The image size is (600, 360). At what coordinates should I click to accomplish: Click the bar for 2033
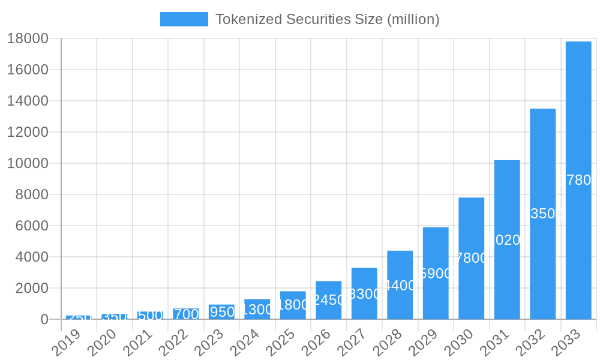[578, 180]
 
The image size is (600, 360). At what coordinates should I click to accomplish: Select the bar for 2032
[542, 214]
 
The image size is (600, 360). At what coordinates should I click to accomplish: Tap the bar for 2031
[507, 239]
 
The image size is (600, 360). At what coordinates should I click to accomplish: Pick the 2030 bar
[471, 258]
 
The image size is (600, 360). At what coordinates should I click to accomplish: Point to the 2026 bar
[328, 299]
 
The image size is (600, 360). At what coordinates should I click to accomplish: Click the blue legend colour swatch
[184, 19]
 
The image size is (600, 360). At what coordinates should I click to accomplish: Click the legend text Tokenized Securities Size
[327, 19]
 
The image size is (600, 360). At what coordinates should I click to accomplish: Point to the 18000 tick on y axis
[28, 38]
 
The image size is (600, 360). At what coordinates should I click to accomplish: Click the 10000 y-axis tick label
[28, 163]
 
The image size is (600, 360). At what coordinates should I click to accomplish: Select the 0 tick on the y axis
[44, 319]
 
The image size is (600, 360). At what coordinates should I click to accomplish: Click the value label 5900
[436, 274]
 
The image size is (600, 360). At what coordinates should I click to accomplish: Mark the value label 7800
[472, 258]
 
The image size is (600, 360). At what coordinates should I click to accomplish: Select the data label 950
[221, 312]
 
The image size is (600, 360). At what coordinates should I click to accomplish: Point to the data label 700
[186, 314]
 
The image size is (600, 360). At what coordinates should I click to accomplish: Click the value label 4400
[400, 286]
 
